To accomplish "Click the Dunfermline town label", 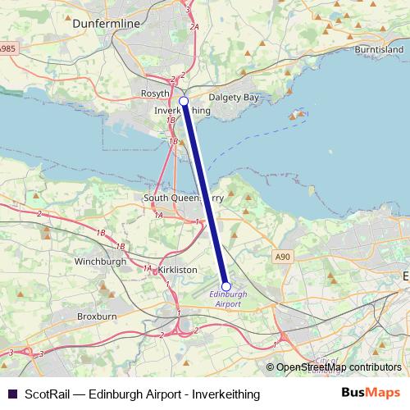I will pos(107,25).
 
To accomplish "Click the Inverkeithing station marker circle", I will pos(184,102).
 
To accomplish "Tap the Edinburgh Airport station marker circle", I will pos(226,286).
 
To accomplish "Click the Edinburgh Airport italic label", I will pos(228,298).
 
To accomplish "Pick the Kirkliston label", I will pos(177,268).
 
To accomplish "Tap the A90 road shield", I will pos(283,257).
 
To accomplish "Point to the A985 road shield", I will pos(7,50).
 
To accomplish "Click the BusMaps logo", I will pos(371,394).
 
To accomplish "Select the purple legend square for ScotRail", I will pos(11,394).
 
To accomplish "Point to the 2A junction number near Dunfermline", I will pos(194,27).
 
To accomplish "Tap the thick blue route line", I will pos(205,193).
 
